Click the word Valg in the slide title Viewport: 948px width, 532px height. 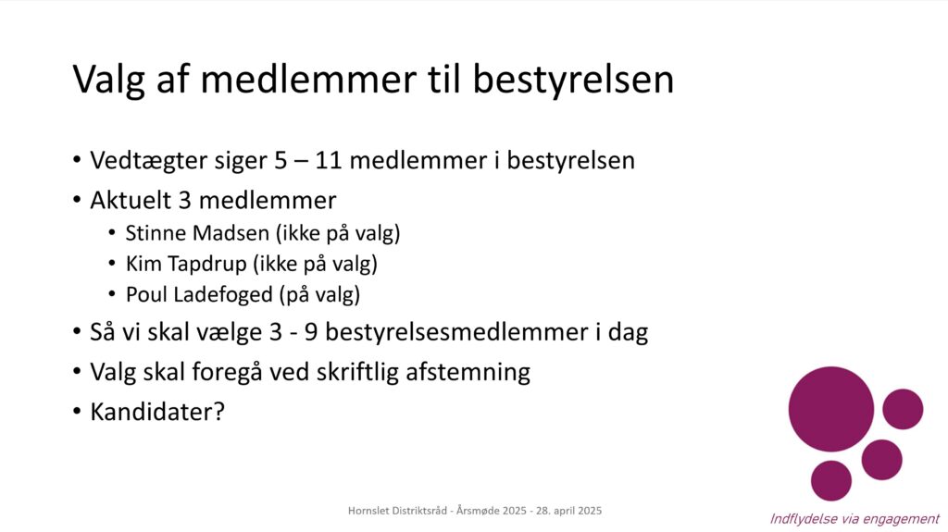[x=108, y=80]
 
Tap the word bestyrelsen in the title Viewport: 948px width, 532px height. [x=572, y=80]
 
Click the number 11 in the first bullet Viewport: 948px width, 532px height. [x=328, y=161]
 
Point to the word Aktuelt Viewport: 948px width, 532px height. [x=131, y=200]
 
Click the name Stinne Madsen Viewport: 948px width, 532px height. [x=197, y=233]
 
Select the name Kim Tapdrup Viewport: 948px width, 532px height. [x=186, y=265]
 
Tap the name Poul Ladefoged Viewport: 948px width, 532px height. [x=200, y=294]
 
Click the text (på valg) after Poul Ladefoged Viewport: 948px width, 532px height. [x=319, y=295]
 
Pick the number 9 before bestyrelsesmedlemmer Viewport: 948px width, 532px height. [x=311, y=332]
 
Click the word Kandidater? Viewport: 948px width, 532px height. [x=157, y=412]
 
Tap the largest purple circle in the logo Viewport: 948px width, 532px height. [x=831, y=409]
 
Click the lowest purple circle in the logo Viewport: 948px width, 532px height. [x=831, y=480]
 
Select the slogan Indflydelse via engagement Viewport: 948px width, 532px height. [x=854, y=519]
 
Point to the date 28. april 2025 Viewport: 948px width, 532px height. [x=569, y=511]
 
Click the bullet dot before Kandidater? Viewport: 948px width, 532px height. [x=77, y=412]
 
